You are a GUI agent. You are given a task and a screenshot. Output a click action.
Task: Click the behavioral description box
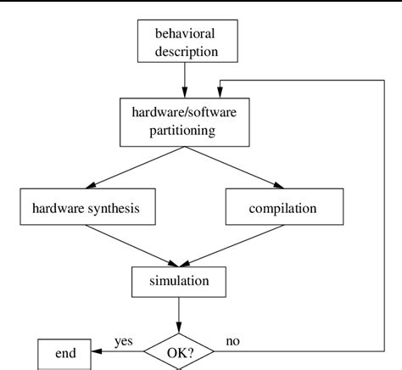click(x=185, y=42)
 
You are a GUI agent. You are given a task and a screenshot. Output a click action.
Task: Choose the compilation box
click(x=283, y=208)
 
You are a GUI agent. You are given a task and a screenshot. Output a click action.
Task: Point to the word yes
click(x=124, y=341)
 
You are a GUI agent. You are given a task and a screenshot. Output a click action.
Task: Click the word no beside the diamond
click(x=232, y=341)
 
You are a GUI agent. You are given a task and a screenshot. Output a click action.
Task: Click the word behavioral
click(x=185, y=34)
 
